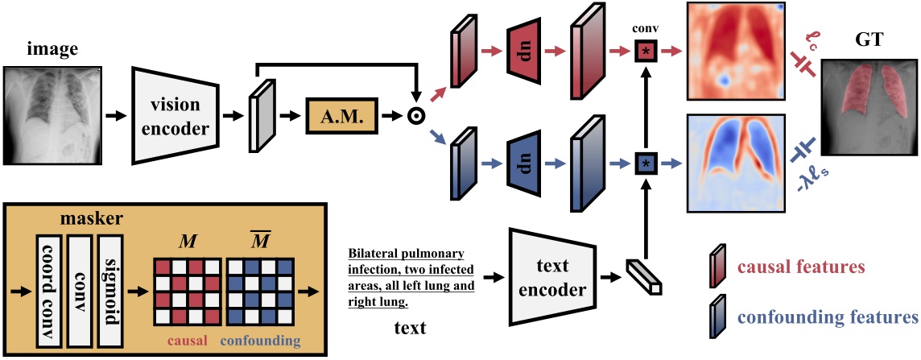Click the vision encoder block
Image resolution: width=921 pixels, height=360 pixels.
coord(172,116)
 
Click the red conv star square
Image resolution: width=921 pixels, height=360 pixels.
coord(646,52)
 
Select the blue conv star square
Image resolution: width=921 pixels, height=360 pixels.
coord(646,163)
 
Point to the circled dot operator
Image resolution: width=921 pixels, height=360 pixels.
coord(417,116)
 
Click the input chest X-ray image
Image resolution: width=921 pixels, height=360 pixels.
coord(51,115)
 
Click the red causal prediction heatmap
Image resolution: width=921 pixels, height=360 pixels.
coord(735,50)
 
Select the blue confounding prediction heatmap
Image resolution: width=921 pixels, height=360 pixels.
coord(735,163)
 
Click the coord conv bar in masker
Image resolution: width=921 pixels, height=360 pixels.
coord(49,292)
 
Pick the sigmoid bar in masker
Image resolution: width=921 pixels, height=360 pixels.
coord(110,292)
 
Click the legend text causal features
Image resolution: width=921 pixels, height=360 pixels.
coord(800,267)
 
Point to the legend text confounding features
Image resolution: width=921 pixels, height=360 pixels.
coord(827,317)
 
